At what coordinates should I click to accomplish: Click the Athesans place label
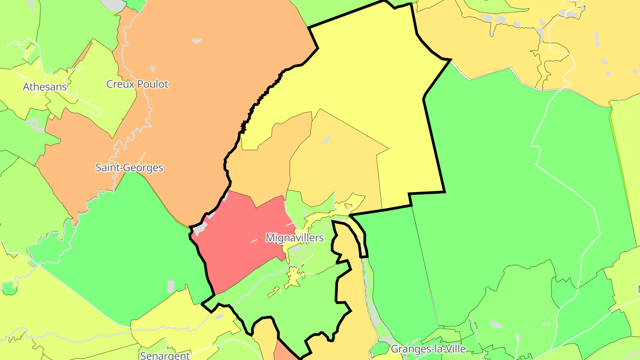click(x=45, y=87)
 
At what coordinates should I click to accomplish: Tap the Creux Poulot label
click(x=137, y=84)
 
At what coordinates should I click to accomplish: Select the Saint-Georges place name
click(x=129, y=168)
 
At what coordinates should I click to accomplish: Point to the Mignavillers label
click(x=294, y=238)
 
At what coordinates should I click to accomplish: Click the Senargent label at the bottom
click(x=165, y=355)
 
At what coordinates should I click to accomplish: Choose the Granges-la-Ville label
click(x=428, y=349)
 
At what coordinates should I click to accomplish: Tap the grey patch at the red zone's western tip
click(x=200, y=229)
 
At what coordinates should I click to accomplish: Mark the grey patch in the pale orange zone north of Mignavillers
click(x=327, y=140)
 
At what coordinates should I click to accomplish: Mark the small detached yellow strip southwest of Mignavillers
click(x=273, y=292)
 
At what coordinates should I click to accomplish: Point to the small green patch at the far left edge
click(x=9, y=288)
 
